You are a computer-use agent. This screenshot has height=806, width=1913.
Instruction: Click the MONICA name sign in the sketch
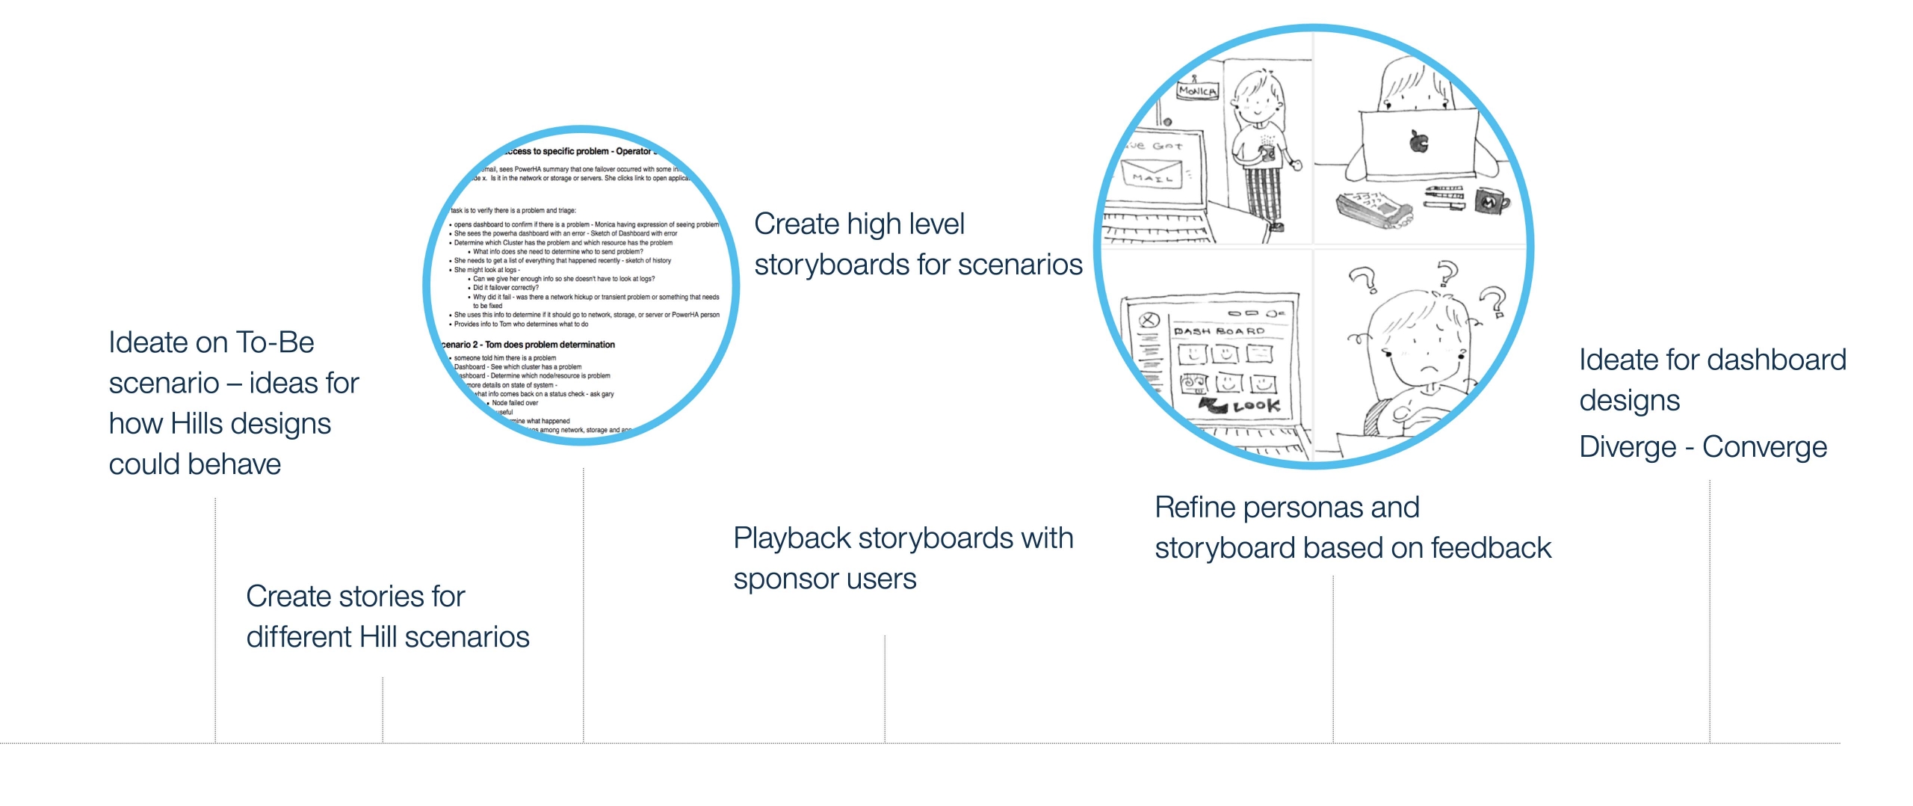tap(1197, 91)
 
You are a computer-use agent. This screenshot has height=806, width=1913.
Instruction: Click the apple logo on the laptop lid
tap(1418, 142)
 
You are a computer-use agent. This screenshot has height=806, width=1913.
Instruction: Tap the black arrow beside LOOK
tap(1214, 404)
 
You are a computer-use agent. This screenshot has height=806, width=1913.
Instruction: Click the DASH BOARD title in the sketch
tap(1218, 331)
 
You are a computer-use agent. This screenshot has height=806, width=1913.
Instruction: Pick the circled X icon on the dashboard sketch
tap(1148, 322)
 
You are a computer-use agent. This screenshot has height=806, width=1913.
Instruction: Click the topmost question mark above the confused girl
tap(1447, 273)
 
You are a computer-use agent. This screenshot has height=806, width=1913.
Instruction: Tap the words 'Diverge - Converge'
tap(1702, 447)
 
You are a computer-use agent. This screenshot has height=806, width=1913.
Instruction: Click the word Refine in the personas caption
tap(1194, 508)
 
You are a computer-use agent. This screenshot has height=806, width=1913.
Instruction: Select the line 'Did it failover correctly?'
tap(505, 288)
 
